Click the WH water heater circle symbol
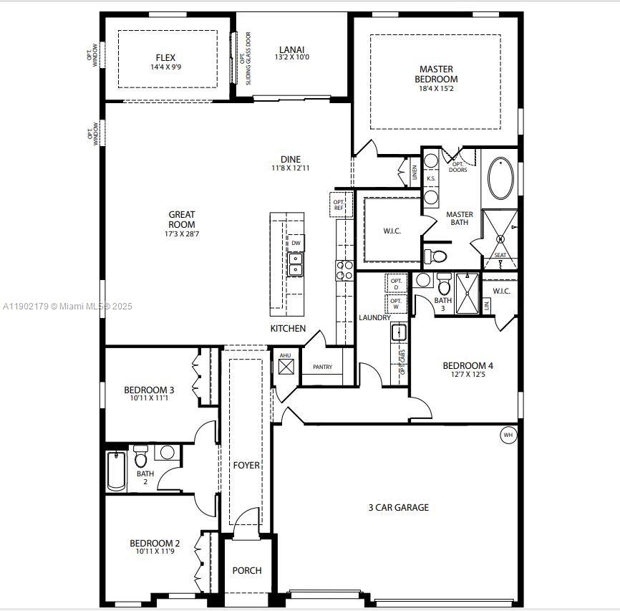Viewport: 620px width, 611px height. (508, 435)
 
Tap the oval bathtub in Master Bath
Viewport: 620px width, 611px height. (500, 179)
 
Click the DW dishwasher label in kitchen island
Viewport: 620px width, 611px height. (296, 244)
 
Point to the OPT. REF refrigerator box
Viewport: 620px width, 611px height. (339, 205)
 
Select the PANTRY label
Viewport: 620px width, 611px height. (322, 367)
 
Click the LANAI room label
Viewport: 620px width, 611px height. (292, 51)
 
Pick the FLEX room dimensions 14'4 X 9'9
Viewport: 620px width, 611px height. (165, 67)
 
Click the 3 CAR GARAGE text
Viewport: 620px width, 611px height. (398, 507)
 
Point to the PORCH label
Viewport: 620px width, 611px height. (247, 570)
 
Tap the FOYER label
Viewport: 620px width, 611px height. (246, 465)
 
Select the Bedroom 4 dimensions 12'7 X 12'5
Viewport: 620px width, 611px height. (468, 375)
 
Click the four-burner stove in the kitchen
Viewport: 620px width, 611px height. (344, 269)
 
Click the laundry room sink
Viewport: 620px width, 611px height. (399, 332)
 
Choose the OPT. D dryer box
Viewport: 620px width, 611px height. (395, 283)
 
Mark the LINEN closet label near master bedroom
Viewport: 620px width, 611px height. (414, 172)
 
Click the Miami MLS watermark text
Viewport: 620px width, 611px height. (67, 306)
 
